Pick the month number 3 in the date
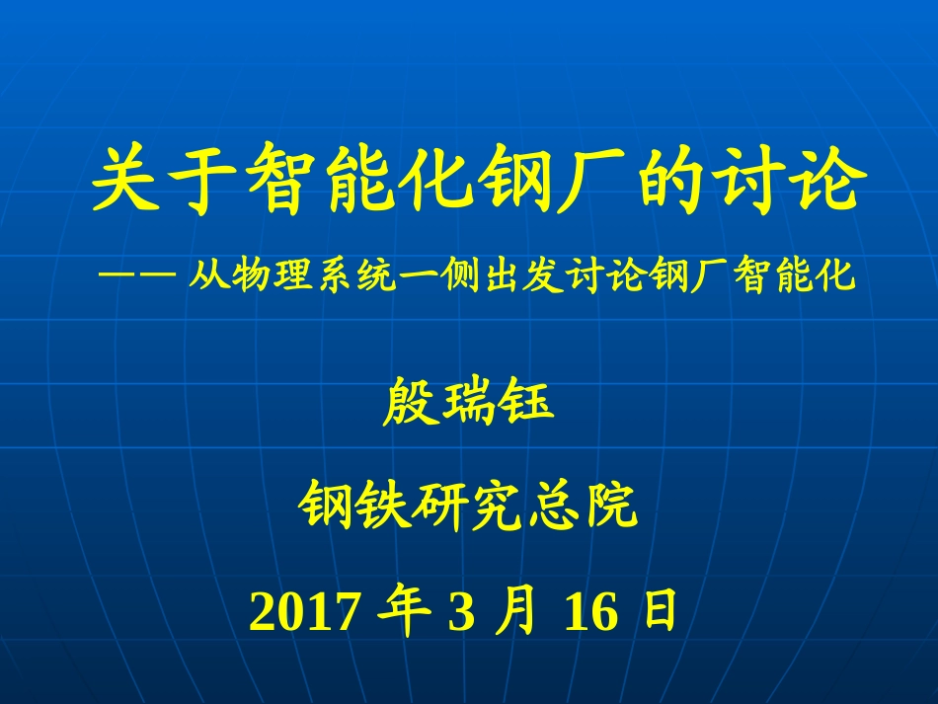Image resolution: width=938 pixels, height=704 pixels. pyautogui.click(x=461, y=613)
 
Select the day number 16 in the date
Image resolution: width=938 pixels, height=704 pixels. pyautogui.click(x=591, y=613)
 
